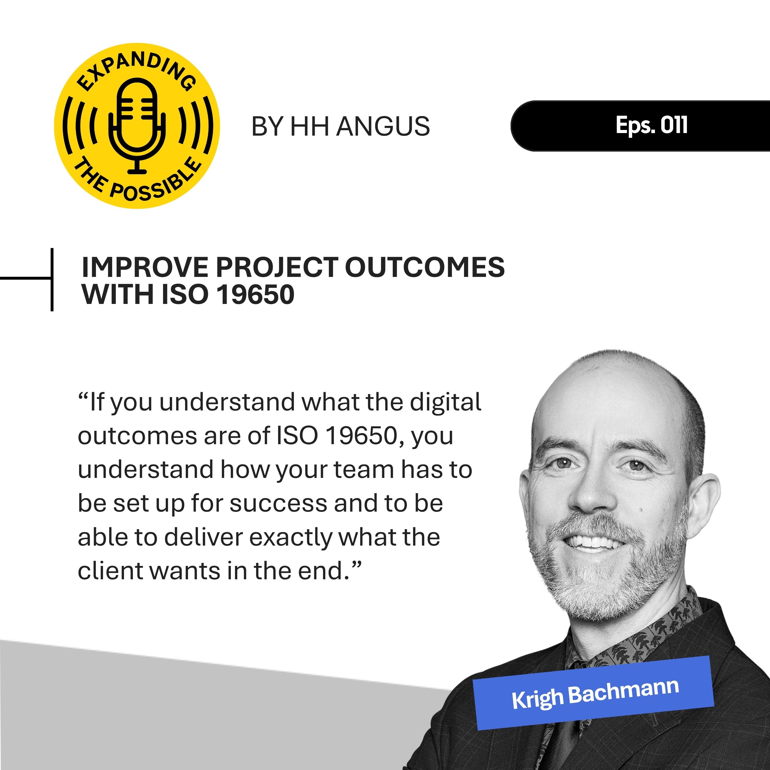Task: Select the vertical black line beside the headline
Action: pyautogui.click(x=52, y=279)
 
